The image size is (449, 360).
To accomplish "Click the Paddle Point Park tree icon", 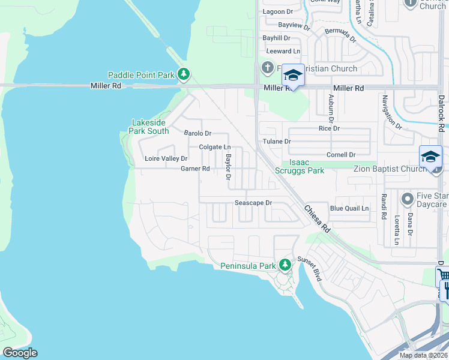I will tap(184, 75).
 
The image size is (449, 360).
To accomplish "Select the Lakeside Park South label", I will tap(150, 127).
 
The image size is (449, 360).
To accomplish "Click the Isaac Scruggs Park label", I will tap(307, 167).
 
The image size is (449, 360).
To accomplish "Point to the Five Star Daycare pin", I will tap(407, 198).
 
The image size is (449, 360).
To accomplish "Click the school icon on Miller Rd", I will tap(293, 76).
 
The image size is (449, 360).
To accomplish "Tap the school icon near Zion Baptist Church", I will tap(430, 157).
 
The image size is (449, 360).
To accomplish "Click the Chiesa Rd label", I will tap(317, 220).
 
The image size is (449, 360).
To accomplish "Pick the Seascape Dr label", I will tap(253, 203).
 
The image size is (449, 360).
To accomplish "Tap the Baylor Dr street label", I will tap(228, 166).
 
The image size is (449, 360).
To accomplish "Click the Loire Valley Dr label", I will tap(166, 158).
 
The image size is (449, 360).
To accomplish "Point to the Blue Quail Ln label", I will tap(349, 208).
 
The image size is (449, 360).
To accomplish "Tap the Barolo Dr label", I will tap(197, 133).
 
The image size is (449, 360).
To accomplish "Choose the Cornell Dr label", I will tap(341, 155).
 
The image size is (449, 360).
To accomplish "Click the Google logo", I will tap(19, 353).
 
